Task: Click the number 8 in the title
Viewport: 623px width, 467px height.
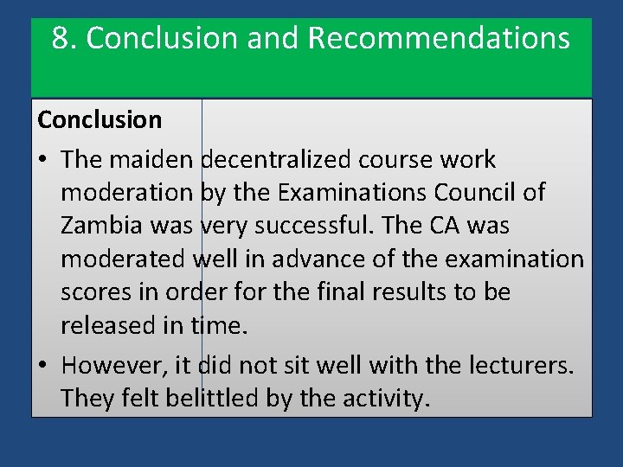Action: click(x=59, y=38)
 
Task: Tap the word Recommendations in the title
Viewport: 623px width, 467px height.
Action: click(x=439, y=38)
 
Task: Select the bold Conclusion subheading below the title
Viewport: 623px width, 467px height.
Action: click(x=100, y=120)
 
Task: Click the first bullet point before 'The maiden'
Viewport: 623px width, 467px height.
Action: click(x=42, y=160)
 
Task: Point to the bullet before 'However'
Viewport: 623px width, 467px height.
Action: click(x=42, y=366)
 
